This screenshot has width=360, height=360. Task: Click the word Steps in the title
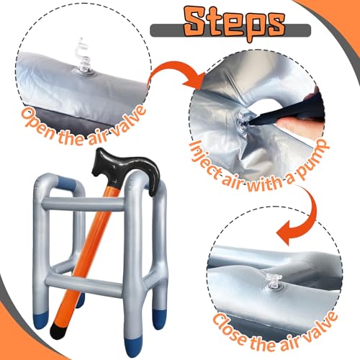point(235,23)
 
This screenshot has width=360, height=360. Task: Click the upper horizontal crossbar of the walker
point(84,204)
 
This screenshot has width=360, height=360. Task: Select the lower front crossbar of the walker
point(84,284)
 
